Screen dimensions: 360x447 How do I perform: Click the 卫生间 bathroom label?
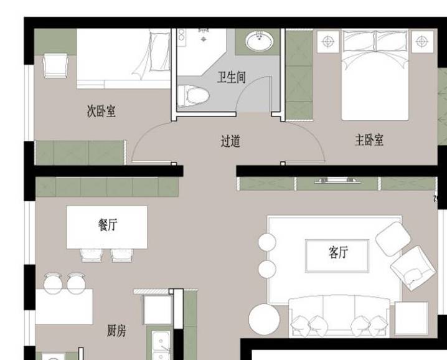pos(231,78)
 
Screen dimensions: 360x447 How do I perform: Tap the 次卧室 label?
pos(101,111)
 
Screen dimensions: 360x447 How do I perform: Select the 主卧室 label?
pos(369,140)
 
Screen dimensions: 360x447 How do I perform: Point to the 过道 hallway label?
pos(230,141)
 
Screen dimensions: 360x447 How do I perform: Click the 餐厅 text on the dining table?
pos(107,225)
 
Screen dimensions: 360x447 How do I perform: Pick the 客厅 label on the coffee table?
pos(337,252)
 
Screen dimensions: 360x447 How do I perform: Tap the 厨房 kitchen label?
pos(116,331)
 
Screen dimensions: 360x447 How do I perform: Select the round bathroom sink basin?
pos(258,42)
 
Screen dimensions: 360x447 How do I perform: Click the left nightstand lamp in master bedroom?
pos(328,42)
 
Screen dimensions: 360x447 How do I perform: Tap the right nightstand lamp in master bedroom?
pos(421,42)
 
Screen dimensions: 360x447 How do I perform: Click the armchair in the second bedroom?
pos(55,65)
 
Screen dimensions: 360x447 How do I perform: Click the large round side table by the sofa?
pos(264,320)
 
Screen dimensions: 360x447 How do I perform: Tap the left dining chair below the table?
pos(90,254)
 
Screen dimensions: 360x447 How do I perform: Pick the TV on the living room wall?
pos(337,181)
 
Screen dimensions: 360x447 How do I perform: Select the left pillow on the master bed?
pos(358,42)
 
